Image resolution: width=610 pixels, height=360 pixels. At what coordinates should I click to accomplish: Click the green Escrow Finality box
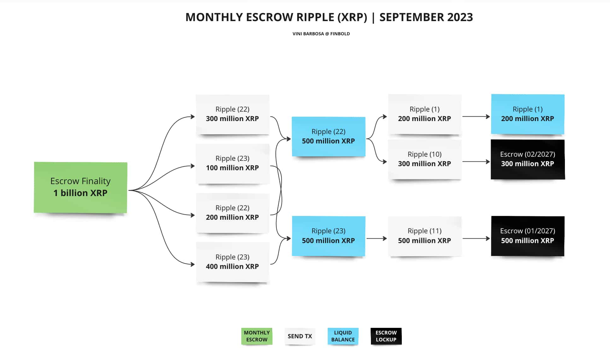80,187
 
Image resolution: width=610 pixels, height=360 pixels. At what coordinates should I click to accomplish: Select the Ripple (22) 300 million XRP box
232,114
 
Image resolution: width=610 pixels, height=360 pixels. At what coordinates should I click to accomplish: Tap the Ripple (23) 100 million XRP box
232,163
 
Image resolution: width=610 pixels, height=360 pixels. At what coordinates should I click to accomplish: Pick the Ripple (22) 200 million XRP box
232,213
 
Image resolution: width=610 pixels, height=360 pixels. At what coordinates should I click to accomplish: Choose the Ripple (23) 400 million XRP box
232,262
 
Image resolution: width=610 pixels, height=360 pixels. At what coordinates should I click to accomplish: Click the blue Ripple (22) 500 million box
328,136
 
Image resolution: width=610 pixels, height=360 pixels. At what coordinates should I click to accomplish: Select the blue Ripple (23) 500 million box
328,236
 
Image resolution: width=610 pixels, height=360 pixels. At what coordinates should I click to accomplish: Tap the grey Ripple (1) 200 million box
425,114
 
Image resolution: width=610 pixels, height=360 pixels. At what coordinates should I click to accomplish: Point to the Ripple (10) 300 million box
425,159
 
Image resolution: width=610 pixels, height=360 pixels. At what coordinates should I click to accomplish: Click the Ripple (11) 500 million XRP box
425,236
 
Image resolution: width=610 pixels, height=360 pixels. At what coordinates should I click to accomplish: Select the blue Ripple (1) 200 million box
528,114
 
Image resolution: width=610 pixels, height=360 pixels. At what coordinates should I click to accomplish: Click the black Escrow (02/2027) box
528,159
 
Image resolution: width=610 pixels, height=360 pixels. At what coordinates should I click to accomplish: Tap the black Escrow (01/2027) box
528,236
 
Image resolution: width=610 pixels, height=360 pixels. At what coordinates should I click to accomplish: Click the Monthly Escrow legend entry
257,336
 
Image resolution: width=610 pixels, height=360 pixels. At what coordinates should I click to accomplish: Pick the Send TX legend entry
300,336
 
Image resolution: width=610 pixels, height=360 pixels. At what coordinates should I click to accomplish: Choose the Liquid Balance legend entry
343,336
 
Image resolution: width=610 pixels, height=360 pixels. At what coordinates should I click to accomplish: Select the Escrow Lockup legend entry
386,336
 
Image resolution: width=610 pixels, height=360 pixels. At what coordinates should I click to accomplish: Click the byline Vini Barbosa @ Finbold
321,34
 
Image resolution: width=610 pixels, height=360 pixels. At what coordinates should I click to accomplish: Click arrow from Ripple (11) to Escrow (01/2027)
476,239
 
